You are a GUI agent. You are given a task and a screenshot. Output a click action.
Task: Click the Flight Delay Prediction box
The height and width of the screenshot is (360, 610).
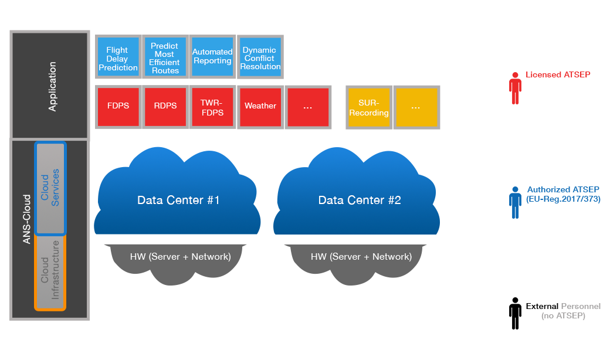(118, 57)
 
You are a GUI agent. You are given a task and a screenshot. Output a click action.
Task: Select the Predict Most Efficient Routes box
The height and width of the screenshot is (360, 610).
(165, 57)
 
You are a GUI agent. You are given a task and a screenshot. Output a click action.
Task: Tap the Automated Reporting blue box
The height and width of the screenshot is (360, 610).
(212, 57)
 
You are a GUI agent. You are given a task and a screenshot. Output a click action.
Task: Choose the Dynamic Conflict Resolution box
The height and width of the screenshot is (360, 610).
(260, 57)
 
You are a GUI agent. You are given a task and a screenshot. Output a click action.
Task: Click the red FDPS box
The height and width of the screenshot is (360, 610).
(118, 107)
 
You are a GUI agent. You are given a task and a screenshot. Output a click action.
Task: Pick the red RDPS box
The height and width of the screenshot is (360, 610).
(165, 107)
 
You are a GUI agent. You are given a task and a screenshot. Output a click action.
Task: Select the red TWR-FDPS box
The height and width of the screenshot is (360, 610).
(212, 107)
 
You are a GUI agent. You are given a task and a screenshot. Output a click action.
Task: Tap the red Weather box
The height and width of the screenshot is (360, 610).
(260, 107)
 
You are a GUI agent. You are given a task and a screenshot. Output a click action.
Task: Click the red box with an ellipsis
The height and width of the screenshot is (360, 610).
(308, 107)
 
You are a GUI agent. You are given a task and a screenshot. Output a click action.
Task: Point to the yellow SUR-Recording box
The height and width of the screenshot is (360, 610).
(369, 107)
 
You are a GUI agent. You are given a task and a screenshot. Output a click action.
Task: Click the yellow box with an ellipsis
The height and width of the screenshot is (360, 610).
(416, 107)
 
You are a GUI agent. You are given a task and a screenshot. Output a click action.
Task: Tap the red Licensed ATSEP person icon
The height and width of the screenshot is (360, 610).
(515, 89)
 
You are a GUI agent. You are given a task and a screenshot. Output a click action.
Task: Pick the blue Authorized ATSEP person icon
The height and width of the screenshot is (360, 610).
(515, 202)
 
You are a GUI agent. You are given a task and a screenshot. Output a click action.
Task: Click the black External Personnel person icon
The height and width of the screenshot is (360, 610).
(515, 314)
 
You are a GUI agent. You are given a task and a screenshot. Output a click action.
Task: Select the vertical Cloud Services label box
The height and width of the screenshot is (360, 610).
(50, 188)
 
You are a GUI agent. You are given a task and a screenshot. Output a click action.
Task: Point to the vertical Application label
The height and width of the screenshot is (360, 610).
(52, 86)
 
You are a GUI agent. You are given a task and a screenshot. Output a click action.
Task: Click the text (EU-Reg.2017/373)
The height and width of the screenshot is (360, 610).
(563, 199)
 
